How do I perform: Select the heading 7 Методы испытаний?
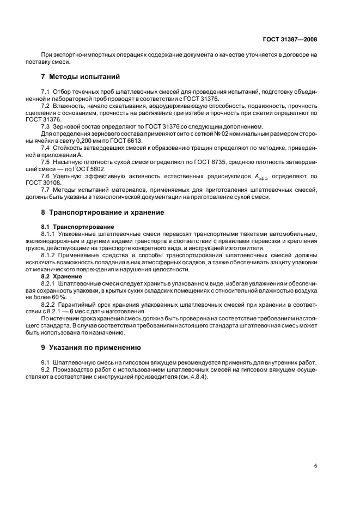pyautogui.click(x=81, y=76)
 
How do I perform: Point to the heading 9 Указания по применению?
pyautogui.click(x=91, y=347)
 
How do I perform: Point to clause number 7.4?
pyautogui.click(x=46, y=162)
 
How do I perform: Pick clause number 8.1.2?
pyautogui.click(x=50, y=254)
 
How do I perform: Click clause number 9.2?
pyautogui.click(x=46, y=368)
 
